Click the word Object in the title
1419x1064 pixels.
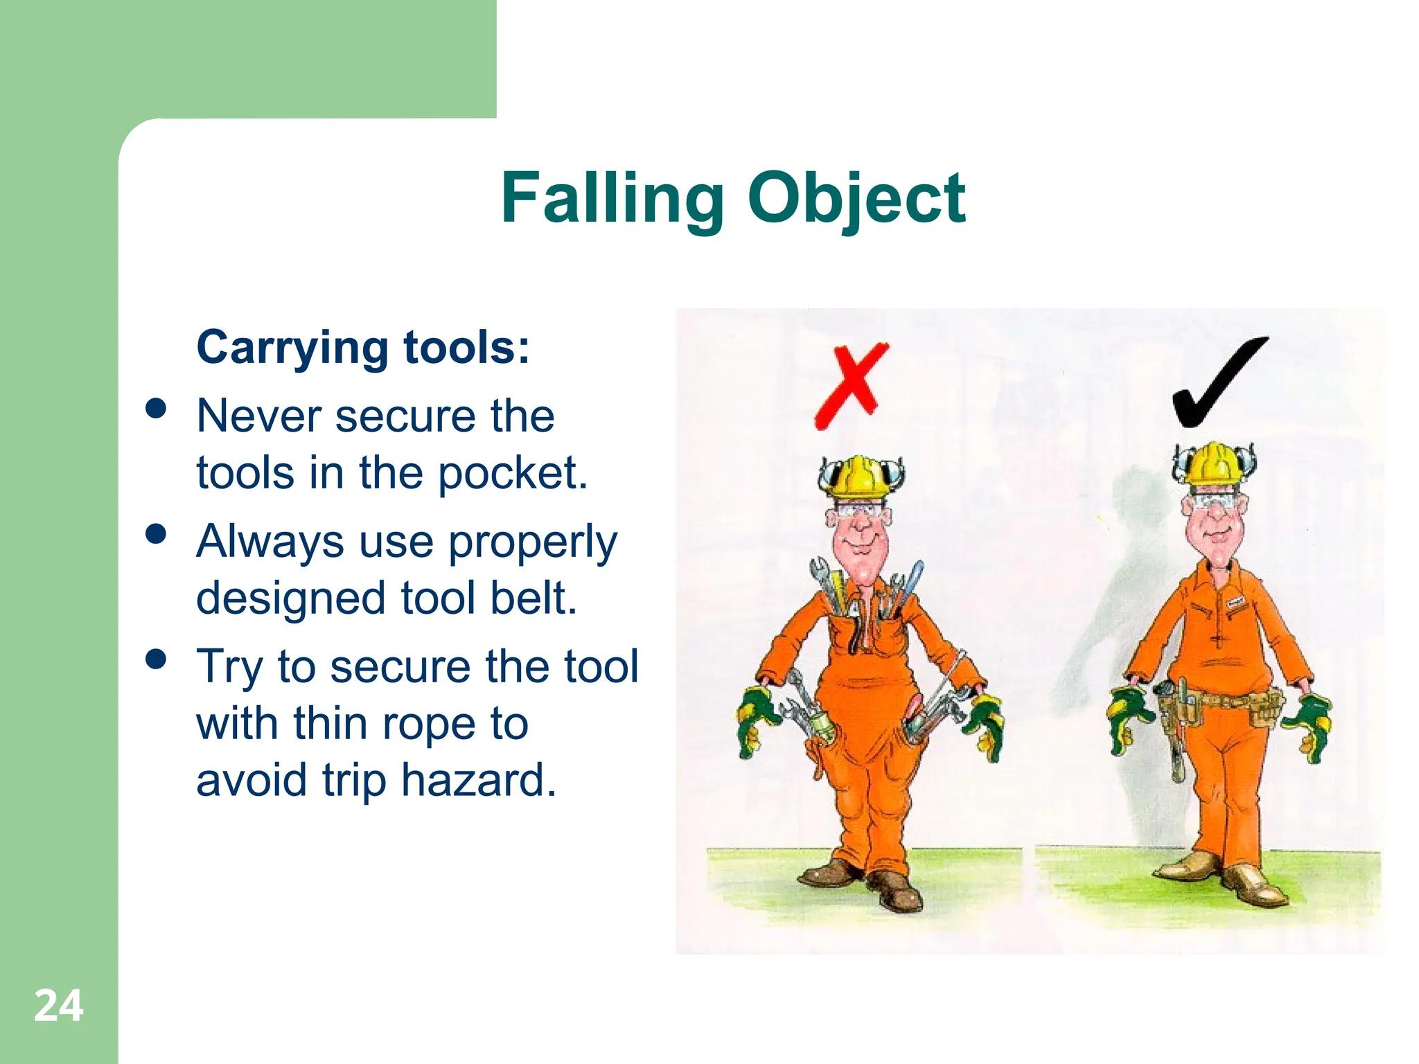point(856,199)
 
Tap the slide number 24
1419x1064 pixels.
point(59,1006)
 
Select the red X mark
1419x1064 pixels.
point(851,385)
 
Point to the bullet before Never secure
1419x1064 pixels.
point(157,409)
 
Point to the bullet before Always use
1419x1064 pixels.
point(157,534)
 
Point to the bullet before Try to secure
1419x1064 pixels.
point(157,659)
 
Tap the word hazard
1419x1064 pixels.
point(479,781)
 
